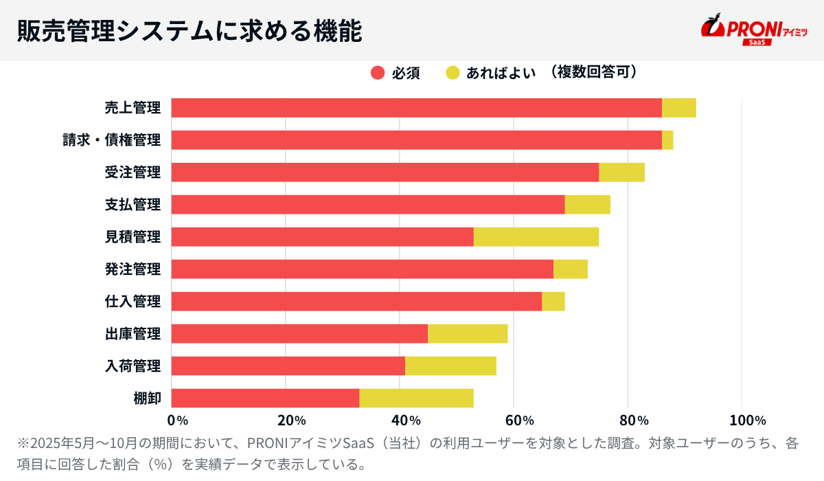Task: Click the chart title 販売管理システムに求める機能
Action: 189,31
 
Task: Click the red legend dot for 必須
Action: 378,73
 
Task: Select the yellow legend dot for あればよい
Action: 453,73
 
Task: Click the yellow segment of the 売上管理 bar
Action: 678,108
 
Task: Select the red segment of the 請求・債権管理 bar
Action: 416,140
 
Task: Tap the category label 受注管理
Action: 133,172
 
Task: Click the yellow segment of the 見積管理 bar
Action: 536,237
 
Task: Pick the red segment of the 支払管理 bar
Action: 367,205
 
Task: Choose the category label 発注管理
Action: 133,269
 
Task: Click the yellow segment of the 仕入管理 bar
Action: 553,302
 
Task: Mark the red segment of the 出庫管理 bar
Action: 299,334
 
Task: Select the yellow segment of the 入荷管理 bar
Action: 450,366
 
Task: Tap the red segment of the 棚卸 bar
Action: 265,399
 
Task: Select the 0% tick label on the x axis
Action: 178,421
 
